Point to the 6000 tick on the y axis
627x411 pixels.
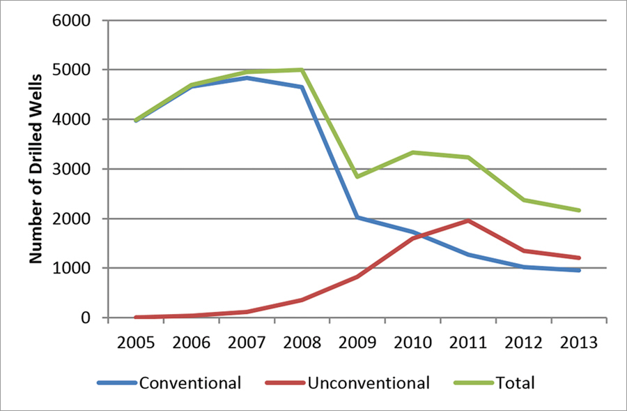(x=72, y=20)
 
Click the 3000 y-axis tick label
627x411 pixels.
(x=72, y=169)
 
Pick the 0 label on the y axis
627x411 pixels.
(x=86, y=317)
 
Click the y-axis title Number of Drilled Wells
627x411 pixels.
(x=35, y=169)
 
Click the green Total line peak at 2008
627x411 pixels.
(x=302, y=70)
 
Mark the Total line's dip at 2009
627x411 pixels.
(x=357, y=177)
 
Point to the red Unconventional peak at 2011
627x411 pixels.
(x=468, y=221)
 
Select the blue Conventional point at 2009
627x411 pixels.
(x=357, y=217)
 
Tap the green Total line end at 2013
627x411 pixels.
(x=579, y=210)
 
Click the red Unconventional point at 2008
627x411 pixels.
(x=302, y=300)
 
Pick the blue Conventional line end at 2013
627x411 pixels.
(x=579, y=270)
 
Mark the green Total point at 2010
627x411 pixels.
(x=412, y=152)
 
